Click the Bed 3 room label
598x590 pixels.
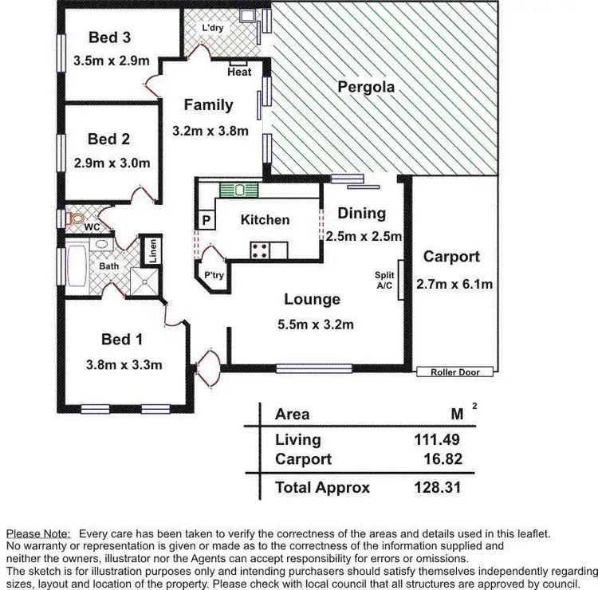[x=109, y=37]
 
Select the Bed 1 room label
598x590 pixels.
[x=121, y=340]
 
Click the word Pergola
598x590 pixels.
[x=366, y=87]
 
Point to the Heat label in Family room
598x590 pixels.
[x=239, y=72]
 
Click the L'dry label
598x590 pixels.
[x=213, y=28]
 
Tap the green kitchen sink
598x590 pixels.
[x=239, y=190]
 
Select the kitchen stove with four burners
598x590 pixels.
[x=260, y=250]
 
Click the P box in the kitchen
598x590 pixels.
[x=206, y=221]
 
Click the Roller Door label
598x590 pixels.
[x=454, y=372]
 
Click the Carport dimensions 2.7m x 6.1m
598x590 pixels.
[x=454, y=283]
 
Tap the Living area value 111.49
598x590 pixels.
[x=435, y=439]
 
